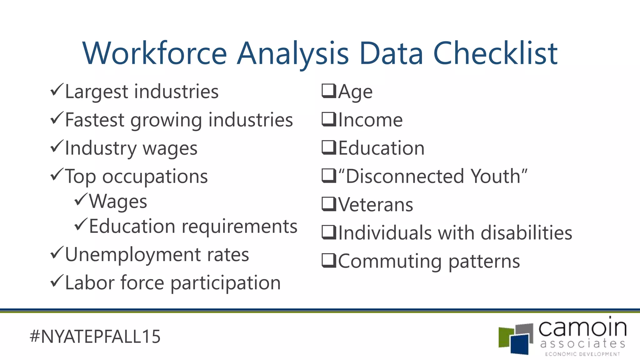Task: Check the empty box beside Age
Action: (x=329, y=91)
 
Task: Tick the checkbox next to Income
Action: (x=329, y=119)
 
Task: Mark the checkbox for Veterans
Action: (x=329, y=204)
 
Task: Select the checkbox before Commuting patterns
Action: (x=329, y=261)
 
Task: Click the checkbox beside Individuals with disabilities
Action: (x=329, y=232)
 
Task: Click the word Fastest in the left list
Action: (x=95, y=120)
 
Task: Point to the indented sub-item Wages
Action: (x=118, y=202)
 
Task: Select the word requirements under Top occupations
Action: (x=239, y=227)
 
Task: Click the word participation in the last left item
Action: (x=226, y=283)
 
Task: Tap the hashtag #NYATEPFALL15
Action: (x=95, y=337)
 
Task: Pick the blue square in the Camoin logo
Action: (x=520, y=344)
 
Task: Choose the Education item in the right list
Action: (x=381, y=148)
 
